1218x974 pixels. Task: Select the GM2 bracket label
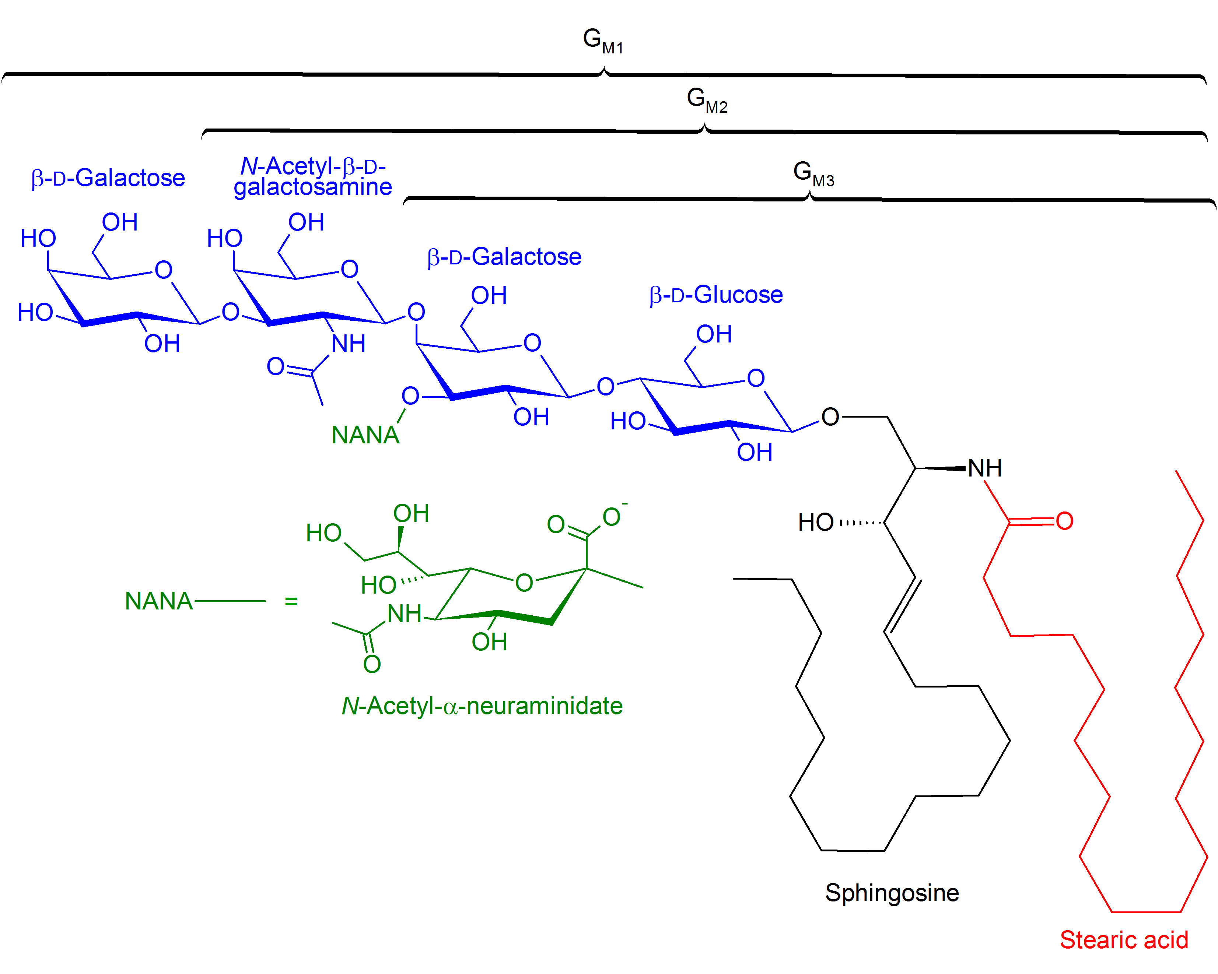click(x=707, y=100)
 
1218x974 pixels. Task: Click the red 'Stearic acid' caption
click(x=1124, y=939)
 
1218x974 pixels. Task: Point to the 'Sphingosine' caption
click(x=892, y=893)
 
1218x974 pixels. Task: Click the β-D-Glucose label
click(x=716, y=295)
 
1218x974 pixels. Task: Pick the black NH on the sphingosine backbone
click(x=985, y=468)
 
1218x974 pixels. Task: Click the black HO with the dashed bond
click(x=815, y=522)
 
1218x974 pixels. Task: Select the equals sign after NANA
click(x=291, y=601)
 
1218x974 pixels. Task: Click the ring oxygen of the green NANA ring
click(x=524, y=583)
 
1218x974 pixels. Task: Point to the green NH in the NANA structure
click(x=404, y=614)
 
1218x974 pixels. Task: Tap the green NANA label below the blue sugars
click(x=365, y=435)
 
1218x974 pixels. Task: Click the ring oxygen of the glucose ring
click(x=755, y=378)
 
